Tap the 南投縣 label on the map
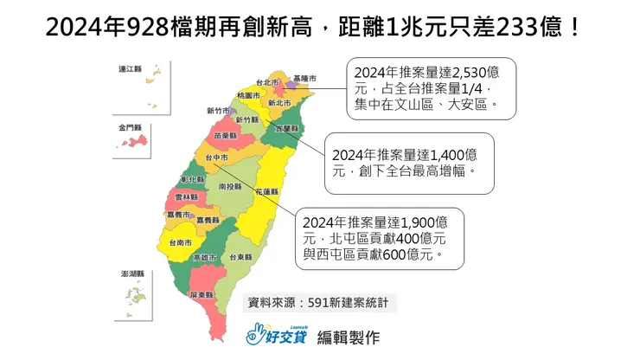coord(230,186)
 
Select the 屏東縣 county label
coord(202,295)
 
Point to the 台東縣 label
coord(242,257)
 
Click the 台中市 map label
coord(217,159)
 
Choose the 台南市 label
coord(181,244)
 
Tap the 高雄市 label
coord(204,258)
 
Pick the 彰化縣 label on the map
coord(193,179)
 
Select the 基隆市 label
coord(305,78)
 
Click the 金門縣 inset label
coord(130,127)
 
